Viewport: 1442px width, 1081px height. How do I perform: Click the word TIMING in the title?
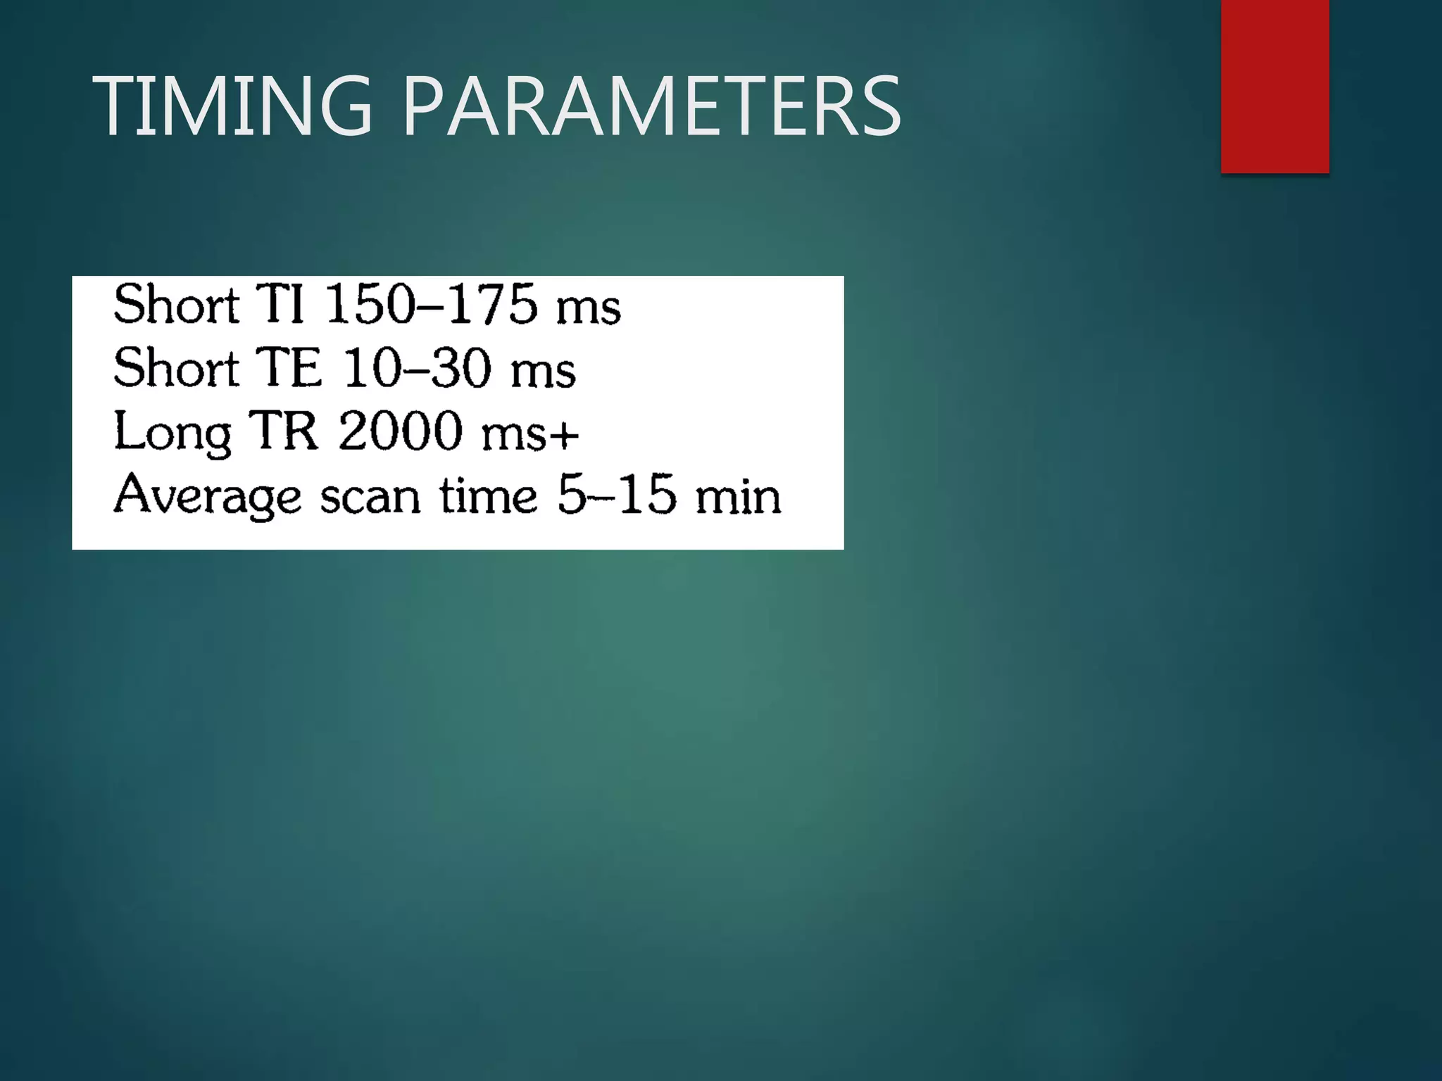click(232, 106)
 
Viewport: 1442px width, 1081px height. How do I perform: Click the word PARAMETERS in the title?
click(651, 106)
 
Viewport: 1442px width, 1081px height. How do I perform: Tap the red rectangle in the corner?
click(1274, 86)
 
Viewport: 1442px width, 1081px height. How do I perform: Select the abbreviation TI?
click(280, 304)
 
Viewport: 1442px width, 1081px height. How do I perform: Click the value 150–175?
click(431, 304)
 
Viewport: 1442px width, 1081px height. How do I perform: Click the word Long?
click(172, 432)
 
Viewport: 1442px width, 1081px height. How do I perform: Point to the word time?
click(489, 495)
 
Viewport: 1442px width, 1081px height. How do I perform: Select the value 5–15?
click(617, 494)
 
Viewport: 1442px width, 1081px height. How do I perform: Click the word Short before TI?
click(176, 304)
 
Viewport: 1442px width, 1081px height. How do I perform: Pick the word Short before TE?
click(176, 367)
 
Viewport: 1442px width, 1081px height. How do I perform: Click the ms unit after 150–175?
click(588, 308)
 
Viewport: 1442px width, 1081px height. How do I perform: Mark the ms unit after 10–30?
click(543, 372)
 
